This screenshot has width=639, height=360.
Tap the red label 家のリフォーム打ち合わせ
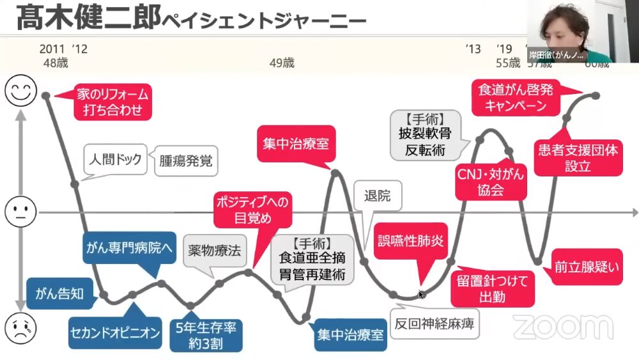(x=112, y=102)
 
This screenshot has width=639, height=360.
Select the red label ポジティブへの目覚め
(x=252, y=210)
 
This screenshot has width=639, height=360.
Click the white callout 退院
(x=377, y=196)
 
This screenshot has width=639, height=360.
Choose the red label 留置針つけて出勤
(x=493, y=288)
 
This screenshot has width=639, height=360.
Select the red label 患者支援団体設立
(x=578, y=158)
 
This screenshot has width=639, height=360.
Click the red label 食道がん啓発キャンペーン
(x=516, y=97)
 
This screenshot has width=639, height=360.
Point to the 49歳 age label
(x=282, y=63)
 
